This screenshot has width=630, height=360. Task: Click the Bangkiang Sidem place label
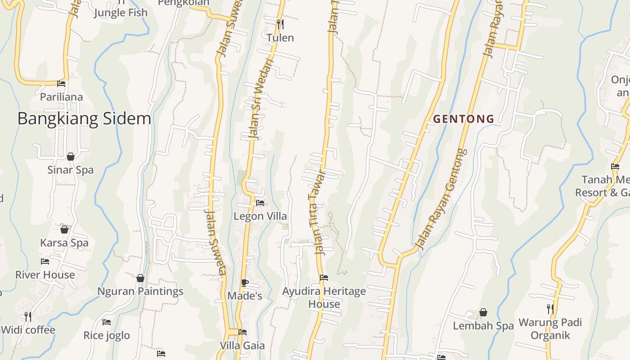tap(84, 119)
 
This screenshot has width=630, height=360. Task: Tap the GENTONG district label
tap(463, 119)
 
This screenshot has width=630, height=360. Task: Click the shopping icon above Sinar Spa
tap(71, 157)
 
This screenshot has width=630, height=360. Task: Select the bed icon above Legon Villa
tap(260, 203)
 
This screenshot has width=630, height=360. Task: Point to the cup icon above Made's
tap(244, 283)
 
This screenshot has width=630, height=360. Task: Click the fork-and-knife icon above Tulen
tap(280, 24)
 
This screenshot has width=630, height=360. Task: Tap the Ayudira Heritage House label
tap(324, 297)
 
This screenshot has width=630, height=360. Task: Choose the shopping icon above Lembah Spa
tap(483, 312)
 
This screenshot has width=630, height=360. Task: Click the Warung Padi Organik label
tap(550, 328)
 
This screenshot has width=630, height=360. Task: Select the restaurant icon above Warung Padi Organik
tap(550, 309)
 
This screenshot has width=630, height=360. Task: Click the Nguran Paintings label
tap(140, 291)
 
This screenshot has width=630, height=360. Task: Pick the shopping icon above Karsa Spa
tap(64, 229)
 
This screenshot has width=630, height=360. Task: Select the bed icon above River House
tap(45, 261)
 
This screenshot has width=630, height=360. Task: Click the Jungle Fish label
tap(120, 13)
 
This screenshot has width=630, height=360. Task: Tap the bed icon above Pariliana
tap(61, 84)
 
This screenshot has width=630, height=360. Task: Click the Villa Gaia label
tap(242, 346)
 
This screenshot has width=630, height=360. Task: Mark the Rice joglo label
tap(107, 335)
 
